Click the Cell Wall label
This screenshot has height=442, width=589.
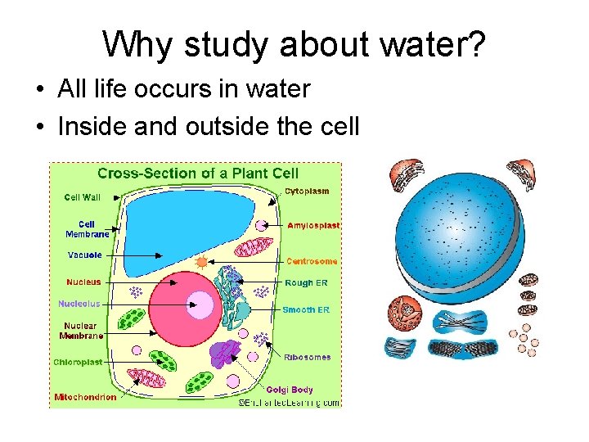pyautogui.click(x=82, y=196)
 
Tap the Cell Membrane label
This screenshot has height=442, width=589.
pyautogui.click(x=87, y=228)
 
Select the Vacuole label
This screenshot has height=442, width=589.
pyautogui.click(x=85, y=255)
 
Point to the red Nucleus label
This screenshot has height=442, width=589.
pyautogui.click(x=83, y=282)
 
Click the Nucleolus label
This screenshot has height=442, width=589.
pyautogui.click(x=79, y=304)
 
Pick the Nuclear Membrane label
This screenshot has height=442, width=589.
pyautogui.click(x=81, y=331)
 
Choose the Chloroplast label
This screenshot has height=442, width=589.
pyautogui.click(x=79, y=362)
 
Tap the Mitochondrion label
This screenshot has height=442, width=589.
pyautogui.click(x=85, y=398)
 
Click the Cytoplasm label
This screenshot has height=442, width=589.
pyautogui.click(x=307, y=192)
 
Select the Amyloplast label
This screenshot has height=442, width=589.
pyautogui.click(x=313, y=225)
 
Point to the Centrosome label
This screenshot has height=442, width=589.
pyautogui.click(x=312, y=262)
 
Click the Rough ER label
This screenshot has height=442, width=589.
pyautogui.click(x=306, y=283)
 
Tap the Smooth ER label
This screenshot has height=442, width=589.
pyautogui.click(x=306, y=310)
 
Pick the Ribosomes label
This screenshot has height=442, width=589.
pyautogui.click(x=308, y=357)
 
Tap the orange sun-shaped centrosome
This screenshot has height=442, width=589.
pyautogui.click(x=201, y=262)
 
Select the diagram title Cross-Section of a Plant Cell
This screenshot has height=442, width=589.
pyautogui.click(x=198, y=173)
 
